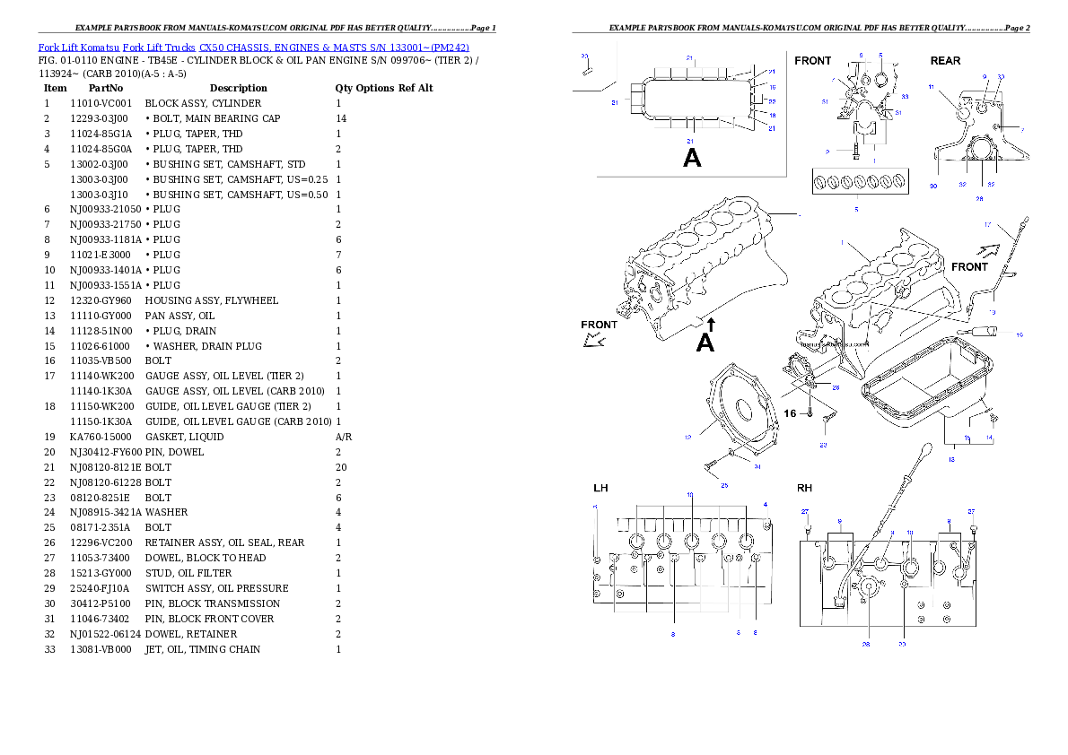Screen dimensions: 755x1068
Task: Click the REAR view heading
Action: click(945, 61)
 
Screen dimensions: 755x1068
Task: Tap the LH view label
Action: click(600, 489)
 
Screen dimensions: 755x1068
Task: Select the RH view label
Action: click(804, 489)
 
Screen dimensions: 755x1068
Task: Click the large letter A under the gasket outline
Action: click(692, 159)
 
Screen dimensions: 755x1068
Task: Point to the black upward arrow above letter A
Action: click(710, 322)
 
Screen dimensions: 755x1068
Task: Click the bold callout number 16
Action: click(790, 413)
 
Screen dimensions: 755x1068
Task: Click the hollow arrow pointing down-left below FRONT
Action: click(592, 339)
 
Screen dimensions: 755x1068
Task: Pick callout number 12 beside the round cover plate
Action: click(687, 438)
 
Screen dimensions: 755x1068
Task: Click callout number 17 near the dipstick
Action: click(1012, 224)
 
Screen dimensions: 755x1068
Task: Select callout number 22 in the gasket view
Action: click(772, 101)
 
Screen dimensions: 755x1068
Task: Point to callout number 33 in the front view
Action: click(905, 96)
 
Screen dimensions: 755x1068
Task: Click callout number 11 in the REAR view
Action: click(932, 87)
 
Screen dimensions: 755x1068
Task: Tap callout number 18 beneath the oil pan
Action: click(951, 459)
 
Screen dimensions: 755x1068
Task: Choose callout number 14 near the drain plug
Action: click(990, 438)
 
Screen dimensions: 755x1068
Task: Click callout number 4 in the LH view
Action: click(766, 505)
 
